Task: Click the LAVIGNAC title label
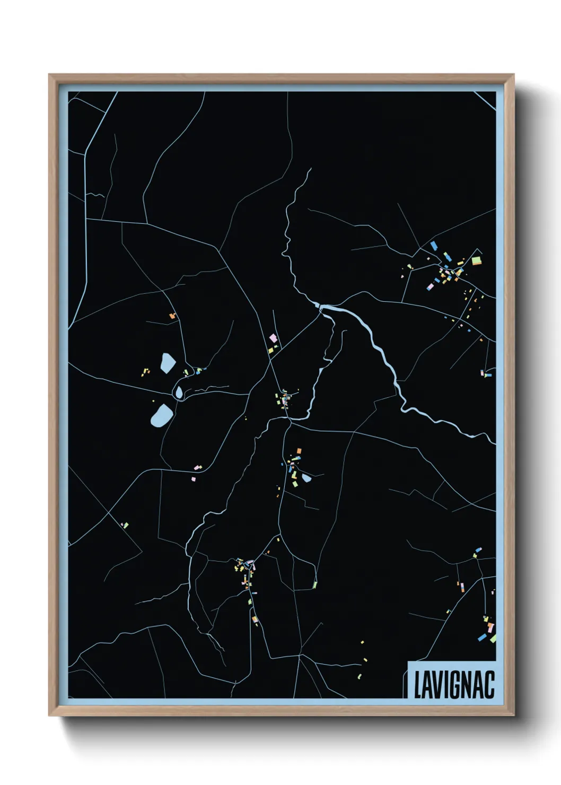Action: click(453, 684)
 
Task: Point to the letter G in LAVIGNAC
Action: click(458, 685)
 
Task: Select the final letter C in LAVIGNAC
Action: click(489, 685)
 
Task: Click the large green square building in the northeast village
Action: click(476, 260)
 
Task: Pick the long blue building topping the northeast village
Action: click(434, 245)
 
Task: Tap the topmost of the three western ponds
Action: click(168, 363)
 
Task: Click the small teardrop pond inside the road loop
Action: click(179, 392)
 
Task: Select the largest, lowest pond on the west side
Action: click(161, 415)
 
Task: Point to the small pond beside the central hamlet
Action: click(306, 478)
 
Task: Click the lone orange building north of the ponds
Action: click(172, 316)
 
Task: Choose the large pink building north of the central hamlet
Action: click(273, 337)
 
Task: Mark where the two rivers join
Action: click(320, 307)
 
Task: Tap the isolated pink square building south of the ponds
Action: click(193, 478)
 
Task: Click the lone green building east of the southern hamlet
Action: click(315, 585)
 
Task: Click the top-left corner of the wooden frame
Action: click(49, 75)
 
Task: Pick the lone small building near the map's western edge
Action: click(126, 525)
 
